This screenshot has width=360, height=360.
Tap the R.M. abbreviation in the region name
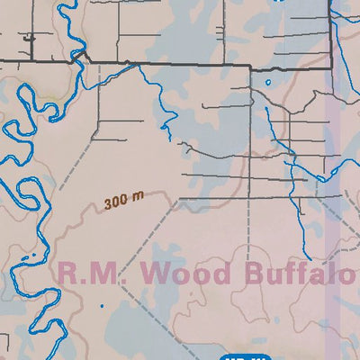pyautogui.click(x=88, y=273)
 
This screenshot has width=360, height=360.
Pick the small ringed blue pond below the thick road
pyautogui.click(x=268, y=85)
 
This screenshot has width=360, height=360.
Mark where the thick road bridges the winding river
pyautogui.click(x=82, y=58)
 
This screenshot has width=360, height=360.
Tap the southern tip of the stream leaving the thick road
pyautogui.click(x=169, y=138)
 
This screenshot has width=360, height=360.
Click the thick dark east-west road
pyautogui.click(x=198, y=67)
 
